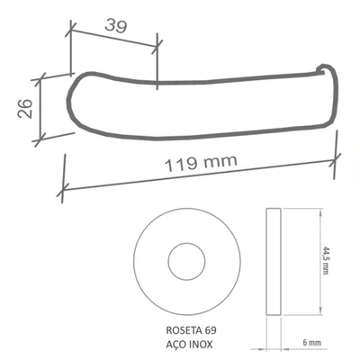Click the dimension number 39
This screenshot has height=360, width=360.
(116, 26)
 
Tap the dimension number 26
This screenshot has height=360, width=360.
(25, 108)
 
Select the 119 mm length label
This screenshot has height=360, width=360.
(201, 163)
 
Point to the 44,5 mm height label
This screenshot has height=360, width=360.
(325, 260)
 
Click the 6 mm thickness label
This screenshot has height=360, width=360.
(311, 343)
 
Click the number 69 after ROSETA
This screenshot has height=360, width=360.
(211, 330)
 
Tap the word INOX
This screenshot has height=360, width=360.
(201, 344)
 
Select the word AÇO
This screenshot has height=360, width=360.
(176, 345)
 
